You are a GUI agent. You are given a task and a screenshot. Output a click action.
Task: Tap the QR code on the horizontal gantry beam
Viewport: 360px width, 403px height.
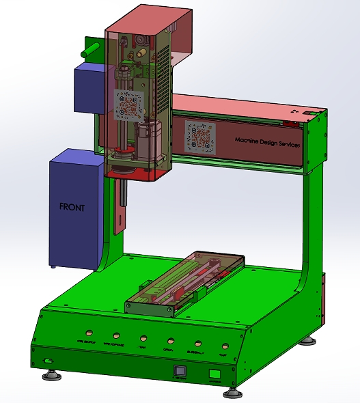click(199, 135)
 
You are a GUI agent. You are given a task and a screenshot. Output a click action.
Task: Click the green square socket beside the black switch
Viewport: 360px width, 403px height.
click(214, 375)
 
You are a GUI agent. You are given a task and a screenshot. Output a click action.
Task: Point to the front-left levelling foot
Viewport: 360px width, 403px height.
click(51, 374)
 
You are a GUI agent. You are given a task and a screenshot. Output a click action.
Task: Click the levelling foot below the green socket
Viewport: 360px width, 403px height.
click(233, 392)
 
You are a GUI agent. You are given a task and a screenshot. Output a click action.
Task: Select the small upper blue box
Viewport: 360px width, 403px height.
click(88, 87)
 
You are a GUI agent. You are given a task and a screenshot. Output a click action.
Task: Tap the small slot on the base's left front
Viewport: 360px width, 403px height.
click(47, 359)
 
